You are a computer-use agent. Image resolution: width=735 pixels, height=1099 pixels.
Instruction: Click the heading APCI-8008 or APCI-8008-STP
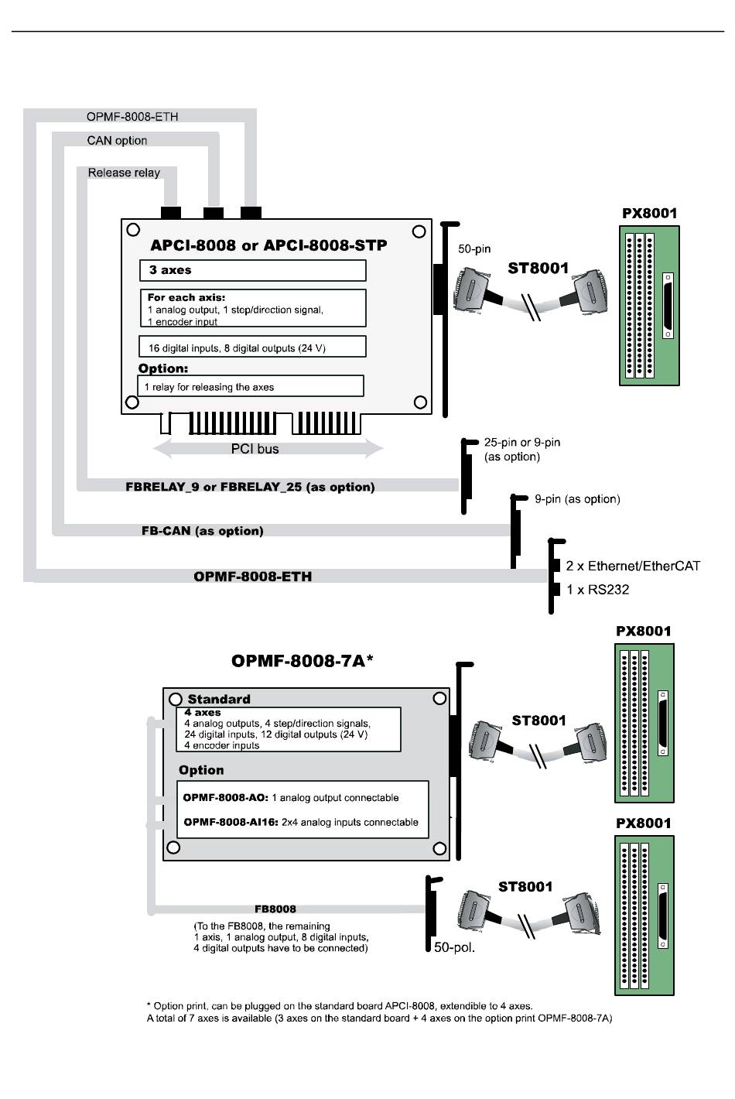pyautogui.click(x=268, y=245)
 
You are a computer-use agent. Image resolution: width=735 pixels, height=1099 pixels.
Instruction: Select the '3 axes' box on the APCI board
pyautogui.click(x=252, y=270)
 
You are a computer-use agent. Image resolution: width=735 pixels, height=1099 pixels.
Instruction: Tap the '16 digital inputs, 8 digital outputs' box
pyautogui.click(x=252, y=348)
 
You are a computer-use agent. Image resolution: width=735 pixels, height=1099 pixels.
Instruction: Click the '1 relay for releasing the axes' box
pyautogui.click(x=251, y=386)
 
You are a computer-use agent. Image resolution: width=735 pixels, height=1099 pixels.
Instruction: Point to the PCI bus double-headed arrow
pyautogui.click(x=268, y=448)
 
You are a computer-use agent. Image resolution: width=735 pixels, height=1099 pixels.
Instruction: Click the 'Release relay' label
pyautogui.click(x=124, y=173)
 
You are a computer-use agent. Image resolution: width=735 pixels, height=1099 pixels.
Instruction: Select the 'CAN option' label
pyautogui.click(x=117, y=140)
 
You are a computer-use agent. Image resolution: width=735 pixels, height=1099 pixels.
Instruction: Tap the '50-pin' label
pyautogui.click(x=474, y=249)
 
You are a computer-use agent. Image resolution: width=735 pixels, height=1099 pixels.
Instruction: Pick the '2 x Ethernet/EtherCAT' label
pyautogui.click(x=632, y=566)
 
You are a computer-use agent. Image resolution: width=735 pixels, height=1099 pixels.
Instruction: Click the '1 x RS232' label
pyautogui.click(x=597, y=590)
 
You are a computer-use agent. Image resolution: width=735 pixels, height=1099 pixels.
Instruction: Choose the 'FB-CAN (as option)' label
pyautogui.click(x=203, y=531)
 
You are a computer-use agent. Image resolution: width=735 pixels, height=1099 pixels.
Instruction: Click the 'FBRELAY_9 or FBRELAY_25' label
pyautogui.click(x=250, y=487)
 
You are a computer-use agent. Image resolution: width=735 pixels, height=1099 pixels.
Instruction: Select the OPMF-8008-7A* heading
pyautogui.click(x=303, y=661)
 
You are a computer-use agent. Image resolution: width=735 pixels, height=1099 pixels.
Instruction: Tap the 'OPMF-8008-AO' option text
pyautogui.click(x=291, y=798)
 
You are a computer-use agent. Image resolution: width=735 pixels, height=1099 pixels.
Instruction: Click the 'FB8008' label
pyautogui.click(x=275, y=909)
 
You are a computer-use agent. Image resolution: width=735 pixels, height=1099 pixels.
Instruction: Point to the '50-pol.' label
pyautogui.click(x=454, y=947)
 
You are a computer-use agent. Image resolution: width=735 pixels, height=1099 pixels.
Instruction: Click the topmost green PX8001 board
pyautogui.click(x=649, y=306)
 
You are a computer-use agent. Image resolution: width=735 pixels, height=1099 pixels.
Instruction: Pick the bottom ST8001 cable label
pyautogui.click(x=525, y=887)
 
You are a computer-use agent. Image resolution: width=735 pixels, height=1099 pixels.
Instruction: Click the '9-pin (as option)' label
pyautogui.click(x=577, y=499)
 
